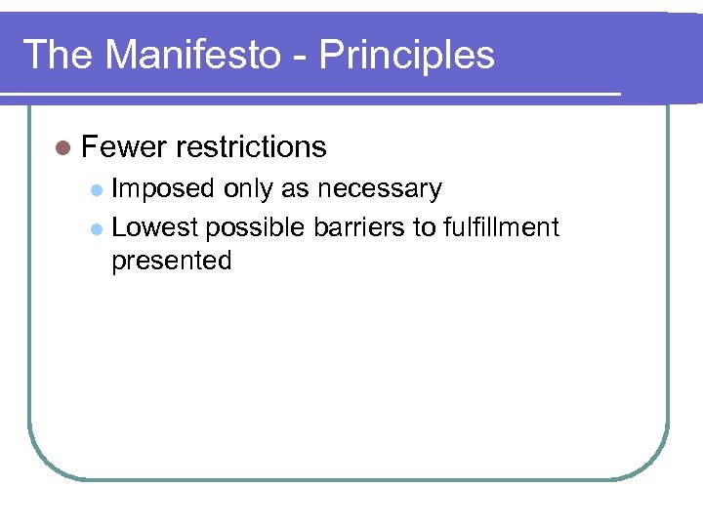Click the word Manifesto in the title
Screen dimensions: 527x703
pos(191,55)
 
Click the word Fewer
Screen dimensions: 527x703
pos(124,146)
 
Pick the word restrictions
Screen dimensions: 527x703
pos(251,146)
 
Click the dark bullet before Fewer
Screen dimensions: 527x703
pos(62,147)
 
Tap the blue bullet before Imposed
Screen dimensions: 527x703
pos(96,189)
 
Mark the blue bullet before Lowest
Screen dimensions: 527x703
pos(96,228)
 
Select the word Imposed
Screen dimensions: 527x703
pos(163,189)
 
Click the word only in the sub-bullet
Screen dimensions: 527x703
pos(249,189)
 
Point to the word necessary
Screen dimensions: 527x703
pos(379,189)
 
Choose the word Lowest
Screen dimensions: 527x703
pos(155,227)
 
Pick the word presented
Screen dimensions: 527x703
pos(171,262)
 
